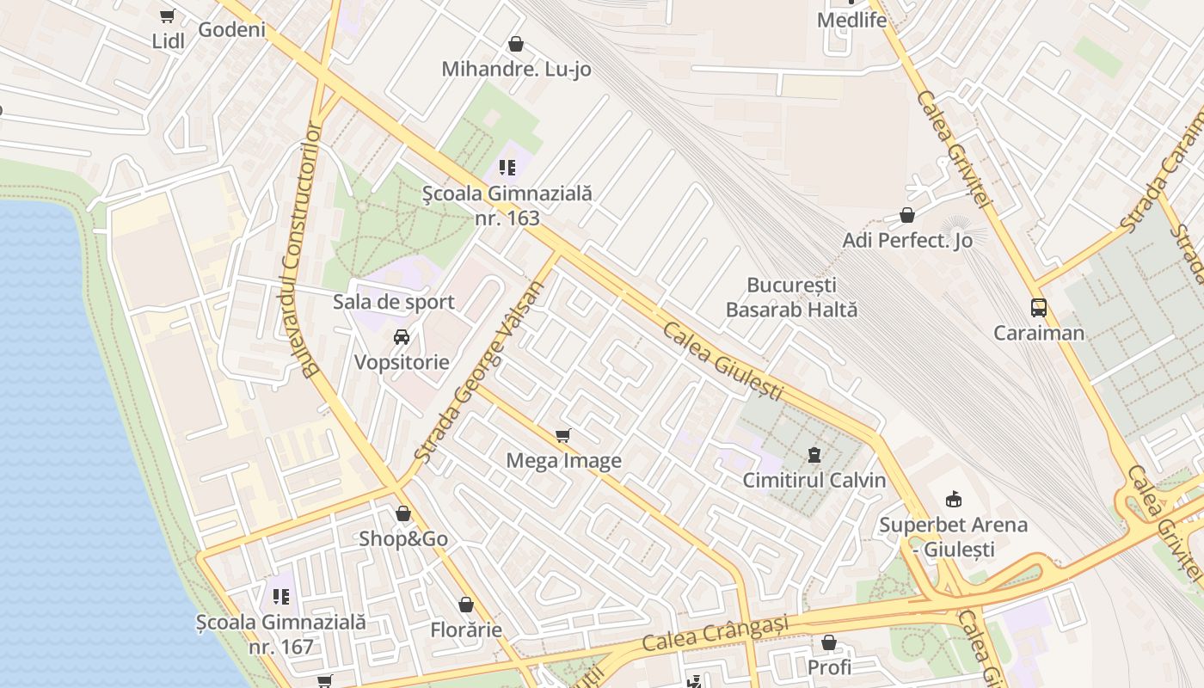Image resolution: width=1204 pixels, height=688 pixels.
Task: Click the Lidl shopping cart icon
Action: point(168,15)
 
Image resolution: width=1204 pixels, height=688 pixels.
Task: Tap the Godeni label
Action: point(231,29)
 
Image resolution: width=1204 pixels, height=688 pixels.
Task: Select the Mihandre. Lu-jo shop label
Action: point(516,69)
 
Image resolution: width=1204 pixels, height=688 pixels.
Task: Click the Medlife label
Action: point(851,20)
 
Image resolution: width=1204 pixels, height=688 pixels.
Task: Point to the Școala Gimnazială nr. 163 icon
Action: point(507,168)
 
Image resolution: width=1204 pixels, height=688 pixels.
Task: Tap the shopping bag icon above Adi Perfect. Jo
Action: point(907,215)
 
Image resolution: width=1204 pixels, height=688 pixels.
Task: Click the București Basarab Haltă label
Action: point(791,297)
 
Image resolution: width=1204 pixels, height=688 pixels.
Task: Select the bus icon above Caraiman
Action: point(1039,307)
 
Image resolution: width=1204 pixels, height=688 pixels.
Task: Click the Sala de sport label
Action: point(394,302)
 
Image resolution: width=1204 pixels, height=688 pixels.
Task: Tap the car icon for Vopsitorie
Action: point(402,336)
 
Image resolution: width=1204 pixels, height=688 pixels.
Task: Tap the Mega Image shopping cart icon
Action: point(563,435)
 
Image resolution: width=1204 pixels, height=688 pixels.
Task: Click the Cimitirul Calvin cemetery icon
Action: point(814,455)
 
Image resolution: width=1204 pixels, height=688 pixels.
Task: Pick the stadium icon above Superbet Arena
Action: point(953,500)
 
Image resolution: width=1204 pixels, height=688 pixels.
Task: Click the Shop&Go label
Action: point(403,539)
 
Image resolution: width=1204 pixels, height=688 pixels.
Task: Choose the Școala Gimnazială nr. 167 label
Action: point(280,634)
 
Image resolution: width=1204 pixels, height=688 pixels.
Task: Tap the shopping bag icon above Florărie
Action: point(466,605)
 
